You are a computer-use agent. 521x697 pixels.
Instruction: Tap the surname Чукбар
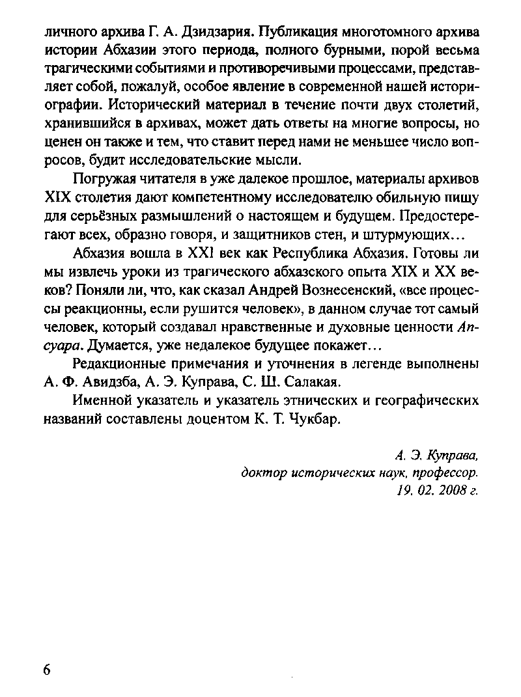[312, 419]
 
